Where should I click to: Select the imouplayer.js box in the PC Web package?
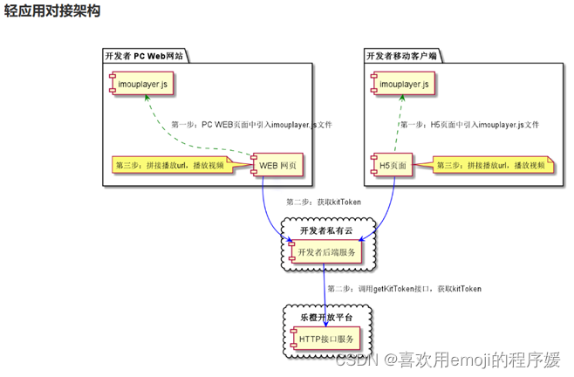[141, 85]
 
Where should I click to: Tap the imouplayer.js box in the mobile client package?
[403, 85]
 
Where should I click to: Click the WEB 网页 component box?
[278, 164]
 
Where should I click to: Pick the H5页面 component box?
[394, 164]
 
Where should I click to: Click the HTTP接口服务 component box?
[325, 339]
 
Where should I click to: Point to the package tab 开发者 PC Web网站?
[144, 56]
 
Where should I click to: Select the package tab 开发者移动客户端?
[401, 56]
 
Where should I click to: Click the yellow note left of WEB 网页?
[171, 164]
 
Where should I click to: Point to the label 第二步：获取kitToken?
[323, 202]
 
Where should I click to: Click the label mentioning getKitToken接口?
[403, 288]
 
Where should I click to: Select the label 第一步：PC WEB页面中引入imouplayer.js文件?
[251, 125]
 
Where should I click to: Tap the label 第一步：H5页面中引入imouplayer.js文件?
[469, 125]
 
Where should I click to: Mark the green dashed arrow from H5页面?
[400, 127]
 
